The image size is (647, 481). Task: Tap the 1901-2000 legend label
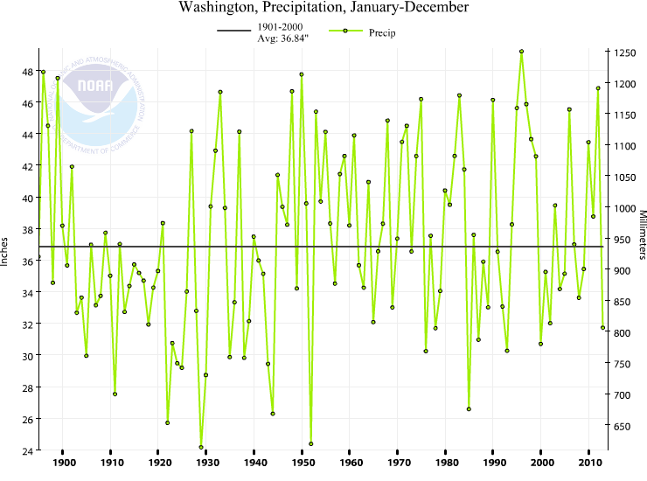(278, 27)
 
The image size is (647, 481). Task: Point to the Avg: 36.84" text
(278, 39)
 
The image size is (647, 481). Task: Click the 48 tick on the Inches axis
(28, 72)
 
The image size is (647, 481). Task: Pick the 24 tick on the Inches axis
(28, 450)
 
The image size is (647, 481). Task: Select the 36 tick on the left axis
(28, 261)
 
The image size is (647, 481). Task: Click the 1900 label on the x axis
(63, 462)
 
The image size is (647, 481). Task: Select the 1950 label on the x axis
(303, 462)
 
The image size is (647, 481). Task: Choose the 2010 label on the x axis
(590, 462)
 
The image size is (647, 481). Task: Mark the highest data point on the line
(521, 52)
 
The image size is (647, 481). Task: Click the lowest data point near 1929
(201, 448)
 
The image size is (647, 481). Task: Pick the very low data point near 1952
(311, 444)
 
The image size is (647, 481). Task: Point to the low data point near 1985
(469, 409)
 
